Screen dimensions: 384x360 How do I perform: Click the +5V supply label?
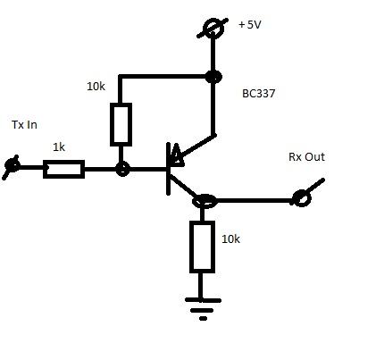tap(250, 24)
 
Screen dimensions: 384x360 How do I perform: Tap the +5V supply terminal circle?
tap(213, 29)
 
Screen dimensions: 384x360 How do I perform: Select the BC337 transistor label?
tap(259, 94)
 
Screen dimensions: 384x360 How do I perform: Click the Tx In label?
tap(24, 124)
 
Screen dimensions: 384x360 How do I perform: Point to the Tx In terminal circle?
tap(13, 165)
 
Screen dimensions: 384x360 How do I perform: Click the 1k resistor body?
tap(64, 169)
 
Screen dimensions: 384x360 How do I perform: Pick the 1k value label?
tap(59, 147)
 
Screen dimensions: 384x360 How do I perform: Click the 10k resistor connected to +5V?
tap(121, 125)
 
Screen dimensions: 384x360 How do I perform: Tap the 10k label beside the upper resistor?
tap(96, 87)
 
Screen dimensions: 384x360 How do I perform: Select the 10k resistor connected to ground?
tap(203, 247)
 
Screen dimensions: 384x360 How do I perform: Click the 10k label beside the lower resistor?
tap(230, 239)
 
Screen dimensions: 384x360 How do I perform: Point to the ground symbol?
tap(203, 309)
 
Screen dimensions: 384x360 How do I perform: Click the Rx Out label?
tap(306, 157)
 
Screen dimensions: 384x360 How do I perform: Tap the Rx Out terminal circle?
tap(302, 198)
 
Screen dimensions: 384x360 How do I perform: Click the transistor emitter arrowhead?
tap(176, 155)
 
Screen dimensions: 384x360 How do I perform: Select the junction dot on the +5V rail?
tap(213, 77)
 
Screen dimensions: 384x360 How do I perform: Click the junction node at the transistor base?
tap(122, 170)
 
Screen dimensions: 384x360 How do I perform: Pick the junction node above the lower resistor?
tap(205, 201)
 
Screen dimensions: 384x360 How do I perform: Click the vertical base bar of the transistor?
tap(169, 169)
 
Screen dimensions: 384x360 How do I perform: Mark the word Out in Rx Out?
tap(315, 157)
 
